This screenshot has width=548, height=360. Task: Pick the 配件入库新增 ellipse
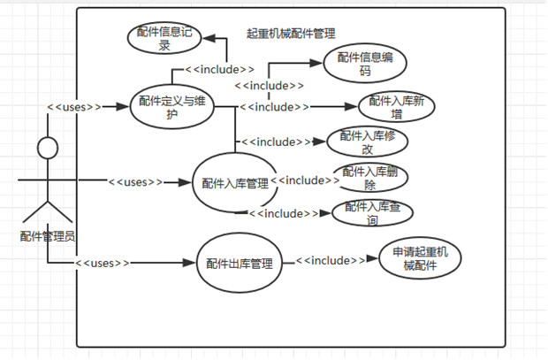point(396,105)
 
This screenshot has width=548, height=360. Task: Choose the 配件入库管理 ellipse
point(234,183)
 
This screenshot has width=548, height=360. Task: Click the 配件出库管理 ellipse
point(239,263)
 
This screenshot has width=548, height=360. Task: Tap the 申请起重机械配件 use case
point(414,260)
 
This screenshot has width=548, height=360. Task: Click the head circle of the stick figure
point(47,147)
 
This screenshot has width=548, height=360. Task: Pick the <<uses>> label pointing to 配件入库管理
point(135,182)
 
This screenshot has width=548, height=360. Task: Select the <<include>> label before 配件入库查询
point(283,213)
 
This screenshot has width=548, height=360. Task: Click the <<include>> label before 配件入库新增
point(275,107)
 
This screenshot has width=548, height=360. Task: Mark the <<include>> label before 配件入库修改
point(277,142)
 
